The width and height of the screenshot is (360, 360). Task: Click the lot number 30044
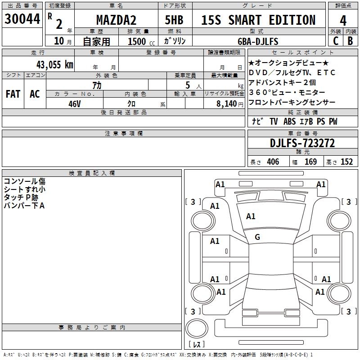(x=22, y=19)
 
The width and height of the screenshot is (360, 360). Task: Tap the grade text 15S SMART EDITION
(x=258, y=20)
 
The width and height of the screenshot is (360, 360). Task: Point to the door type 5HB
(x=174, y=20)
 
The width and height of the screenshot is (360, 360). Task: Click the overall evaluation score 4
(x=343, y=20)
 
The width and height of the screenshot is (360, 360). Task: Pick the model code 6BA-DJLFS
(x=258, y=41)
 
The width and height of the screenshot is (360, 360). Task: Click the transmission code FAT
(x=13, y=94)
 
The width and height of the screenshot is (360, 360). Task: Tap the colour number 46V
(x=75, y=103)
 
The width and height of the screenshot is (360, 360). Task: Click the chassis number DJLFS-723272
(x=302, y=143)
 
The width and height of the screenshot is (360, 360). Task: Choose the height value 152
(x=346, y=162)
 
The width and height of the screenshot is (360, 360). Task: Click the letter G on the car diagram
(x=257, y=237)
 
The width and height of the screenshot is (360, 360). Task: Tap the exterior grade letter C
(x=335, y=41)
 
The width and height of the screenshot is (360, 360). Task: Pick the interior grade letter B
(x=350, y=41)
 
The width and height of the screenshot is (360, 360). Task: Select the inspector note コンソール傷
(x=25, y=181)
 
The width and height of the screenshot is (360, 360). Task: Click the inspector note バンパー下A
(x=25, y=206)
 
